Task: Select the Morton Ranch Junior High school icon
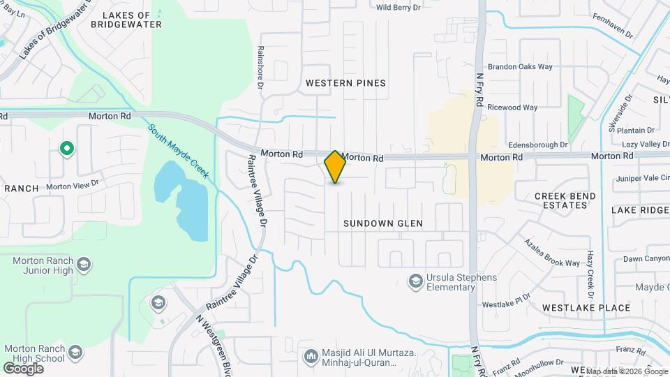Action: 84,264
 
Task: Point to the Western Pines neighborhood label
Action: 345,83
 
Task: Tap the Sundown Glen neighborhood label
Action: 383,223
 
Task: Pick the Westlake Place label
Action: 586,308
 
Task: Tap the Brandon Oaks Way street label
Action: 519,67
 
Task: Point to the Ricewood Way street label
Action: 512,108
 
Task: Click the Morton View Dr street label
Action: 73,187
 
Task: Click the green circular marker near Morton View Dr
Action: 67,149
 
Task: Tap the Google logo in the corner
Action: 23,368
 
